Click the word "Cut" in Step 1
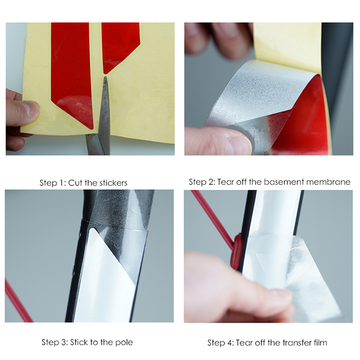(x=75, y=183)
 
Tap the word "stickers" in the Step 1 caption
(x=113, y=183)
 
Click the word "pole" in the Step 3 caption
(x=124, y=342)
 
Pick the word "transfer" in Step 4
(x=297, y=343)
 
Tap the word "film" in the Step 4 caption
(x=320, y=343)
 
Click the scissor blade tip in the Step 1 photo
(x=105, y=77)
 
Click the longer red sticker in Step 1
(x=72, y=73)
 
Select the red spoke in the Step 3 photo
(x=19, y=300)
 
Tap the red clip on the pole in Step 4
(x=237, y=252)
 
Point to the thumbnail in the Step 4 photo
(x=281, y=296)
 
